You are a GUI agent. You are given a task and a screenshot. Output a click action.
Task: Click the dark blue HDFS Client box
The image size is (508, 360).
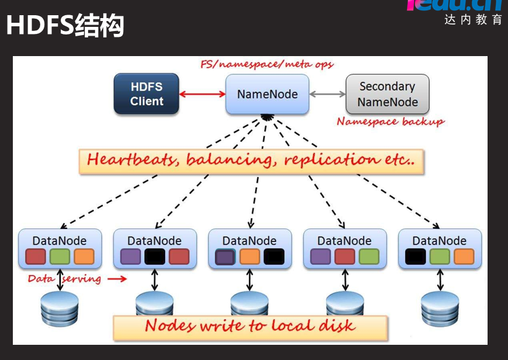147,94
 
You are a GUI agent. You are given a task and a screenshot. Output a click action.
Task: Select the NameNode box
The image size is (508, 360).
267,94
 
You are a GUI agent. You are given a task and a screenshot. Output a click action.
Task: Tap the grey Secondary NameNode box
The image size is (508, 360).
387,94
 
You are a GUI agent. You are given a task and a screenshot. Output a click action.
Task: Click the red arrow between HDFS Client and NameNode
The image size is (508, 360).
202,94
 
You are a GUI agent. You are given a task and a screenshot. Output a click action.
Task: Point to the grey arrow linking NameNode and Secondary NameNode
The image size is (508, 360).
326,94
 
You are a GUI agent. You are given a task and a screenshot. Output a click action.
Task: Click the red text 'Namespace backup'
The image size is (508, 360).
390,122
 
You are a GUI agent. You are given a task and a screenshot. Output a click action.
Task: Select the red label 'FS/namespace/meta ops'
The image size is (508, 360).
267,64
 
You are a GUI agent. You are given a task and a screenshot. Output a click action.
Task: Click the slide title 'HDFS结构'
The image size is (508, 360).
65,26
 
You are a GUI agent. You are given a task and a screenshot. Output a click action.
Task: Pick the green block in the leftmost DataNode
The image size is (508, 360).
60,257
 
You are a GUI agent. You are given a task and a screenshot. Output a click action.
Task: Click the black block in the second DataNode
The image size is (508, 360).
155,257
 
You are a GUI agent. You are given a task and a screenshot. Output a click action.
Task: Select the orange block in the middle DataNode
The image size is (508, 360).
249,257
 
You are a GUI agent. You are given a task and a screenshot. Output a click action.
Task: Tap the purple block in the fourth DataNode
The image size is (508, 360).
321,257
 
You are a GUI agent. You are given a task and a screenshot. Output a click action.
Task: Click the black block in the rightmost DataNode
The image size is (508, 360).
415,257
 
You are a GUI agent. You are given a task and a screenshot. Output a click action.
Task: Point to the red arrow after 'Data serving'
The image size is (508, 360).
117,279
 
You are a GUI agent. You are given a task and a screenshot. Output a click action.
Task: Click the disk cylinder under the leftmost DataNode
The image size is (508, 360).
60,308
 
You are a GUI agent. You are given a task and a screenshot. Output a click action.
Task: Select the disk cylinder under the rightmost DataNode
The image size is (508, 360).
440,308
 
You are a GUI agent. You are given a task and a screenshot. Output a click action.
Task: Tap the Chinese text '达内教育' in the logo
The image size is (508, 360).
473,20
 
